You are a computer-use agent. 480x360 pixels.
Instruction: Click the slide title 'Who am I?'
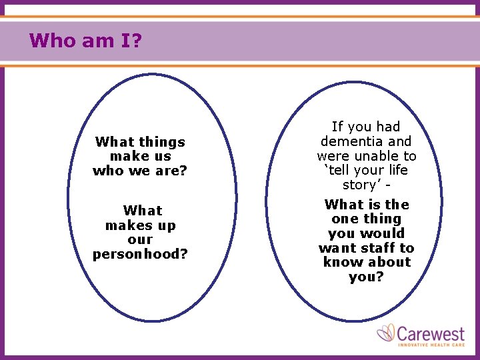[x=85, y=41]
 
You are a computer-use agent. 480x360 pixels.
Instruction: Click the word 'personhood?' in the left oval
[x=140, y=254]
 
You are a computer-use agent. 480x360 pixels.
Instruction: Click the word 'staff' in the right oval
[x=378, y=248]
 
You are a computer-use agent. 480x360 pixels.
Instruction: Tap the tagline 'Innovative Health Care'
[x=431, y=344]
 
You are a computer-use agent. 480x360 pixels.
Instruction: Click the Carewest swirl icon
[x=386, y=333]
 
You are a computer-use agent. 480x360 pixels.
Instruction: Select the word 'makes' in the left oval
[x=129, y=225]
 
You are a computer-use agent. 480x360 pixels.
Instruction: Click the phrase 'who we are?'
[x=140, y=171]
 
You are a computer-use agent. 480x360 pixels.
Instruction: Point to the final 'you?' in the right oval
[x=366, y=277]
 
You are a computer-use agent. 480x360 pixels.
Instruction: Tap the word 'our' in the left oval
[x=140, y=240]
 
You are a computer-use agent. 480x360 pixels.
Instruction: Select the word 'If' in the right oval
[x=337, y=127]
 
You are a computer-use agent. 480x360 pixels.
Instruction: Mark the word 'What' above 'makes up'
[x=143, y=211]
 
